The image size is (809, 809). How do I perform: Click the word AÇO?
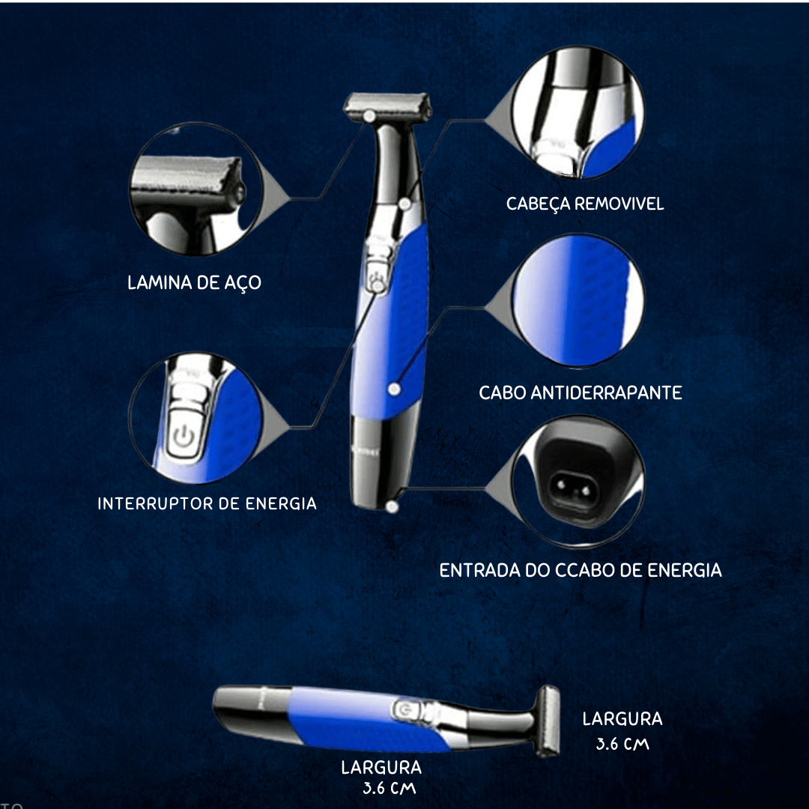[x=243, y=283]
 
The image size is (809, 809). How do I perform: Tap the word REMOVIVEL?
[x=619, y=204]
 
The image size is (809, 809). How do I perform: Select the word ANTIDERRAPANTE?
[x=606, y=393]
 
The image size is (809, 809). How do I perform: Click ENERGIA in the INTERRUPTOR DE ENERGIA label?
[x=281, y=503]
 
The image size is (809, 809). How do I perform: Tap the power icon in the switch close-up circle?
[x=184, y=437]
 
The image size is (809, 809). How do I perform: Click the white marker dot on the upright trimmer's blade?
[x=369, y=116]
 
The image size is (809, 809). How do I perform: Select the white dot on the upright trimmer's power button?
[x=378, y=285]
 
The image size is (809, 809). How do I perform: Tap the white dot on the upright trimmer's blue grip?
[x=395, y=389]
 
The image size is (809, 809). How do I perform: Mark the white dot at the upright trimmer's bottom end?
[x=392, y=506]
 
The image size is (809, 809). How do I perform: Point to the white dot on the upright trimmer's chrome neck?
[x=404, y=204]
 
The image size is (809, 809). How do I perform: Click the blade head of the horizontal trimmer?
[x=548, y=721]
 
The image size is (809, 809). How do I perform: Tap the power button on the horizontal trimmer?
[x=404, y=710]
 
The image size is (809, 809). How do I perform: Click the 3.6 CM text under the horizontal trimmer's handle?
[x=389, y=788]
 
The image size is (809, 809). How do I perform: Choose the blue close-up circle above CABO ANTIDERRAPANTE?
[x=578, y=300]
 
